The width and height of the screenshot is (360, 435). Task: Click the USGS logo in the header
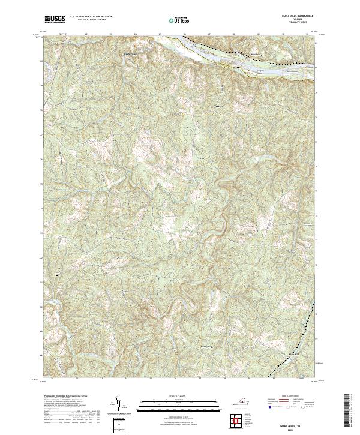tap(55, 20)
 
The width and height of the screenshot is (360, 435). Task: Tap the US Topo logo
tap(173, 20)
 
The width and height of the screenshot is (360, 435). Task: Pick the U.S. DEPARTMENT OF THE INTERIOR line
tap(90, 17)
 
